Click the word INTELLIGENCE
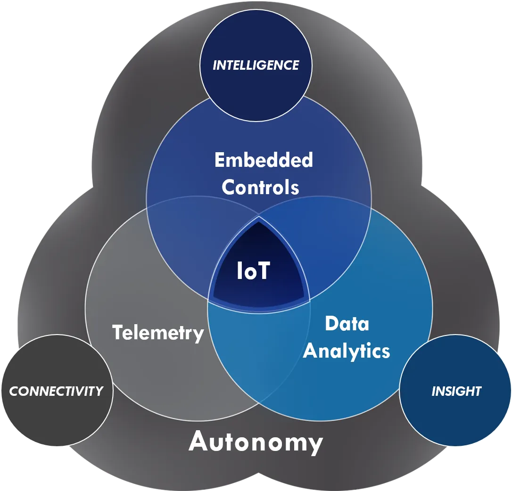(256, 65)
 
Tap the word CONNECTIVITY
(56, 391)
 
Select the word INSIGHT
(456, 391)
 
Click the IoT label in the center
(253, 270)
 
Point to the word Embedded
(264, 160)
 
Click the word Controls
(260, 187)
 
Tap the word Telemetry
(158, 333)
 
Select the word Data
(347, 324)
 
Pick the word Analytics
(347, 351)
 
